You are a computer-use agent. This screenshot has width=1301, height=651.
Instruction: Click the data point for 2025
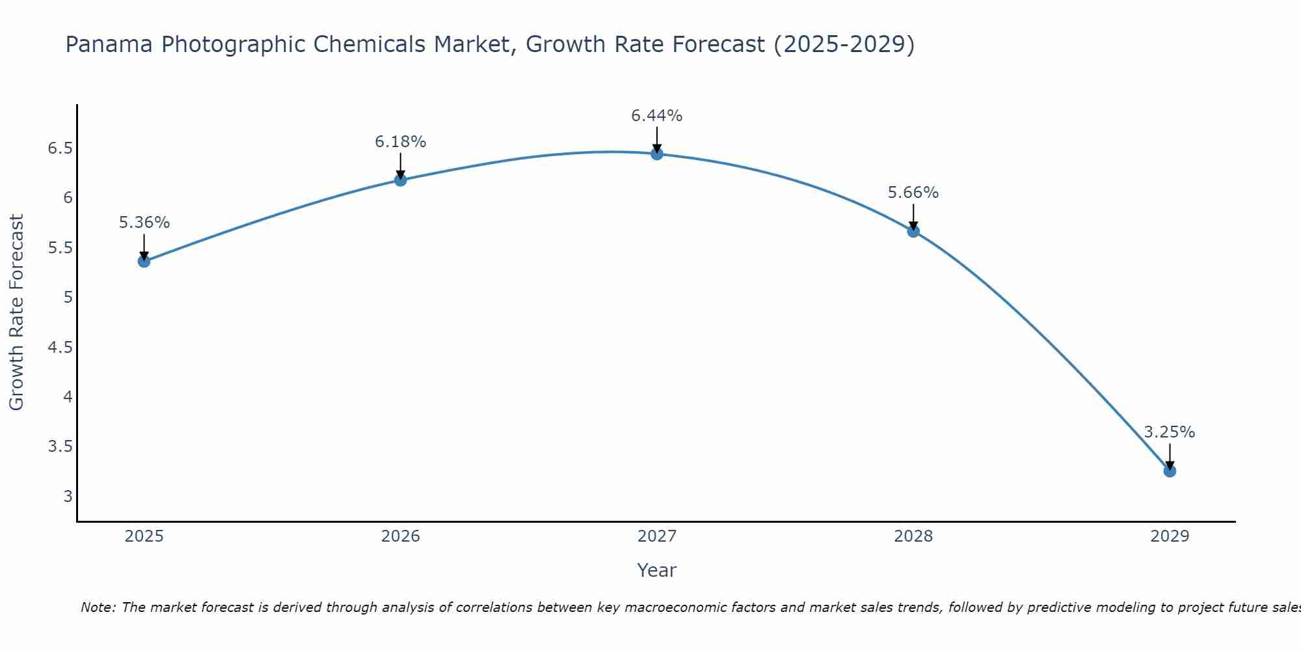[144, 261]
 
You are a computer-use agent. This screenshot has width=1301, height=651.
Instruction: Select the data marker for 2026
[401, 180]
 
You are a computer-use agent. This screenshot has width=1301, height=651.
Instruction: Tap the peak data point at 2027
[657, 154]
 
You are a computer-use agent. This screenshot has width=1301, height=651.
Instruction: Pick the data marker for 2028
[913, 230]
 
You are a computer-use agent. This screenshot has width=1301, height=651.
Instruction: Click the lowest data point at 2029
[1170, 471]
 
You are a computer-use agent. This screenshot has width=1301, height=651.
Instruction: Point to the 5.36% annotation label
[144, 223]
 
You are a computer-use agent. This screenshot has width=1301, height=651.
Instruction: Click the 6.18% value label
[401, 141]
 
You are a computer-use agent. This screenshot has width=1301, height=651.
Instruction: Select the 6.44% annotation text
[657, 116]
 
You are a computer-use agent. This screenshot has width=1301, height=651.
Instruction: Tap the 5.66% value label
[913, 193]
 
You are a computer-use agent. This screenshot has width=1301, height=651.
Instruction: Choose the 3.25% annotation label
[1170, 432]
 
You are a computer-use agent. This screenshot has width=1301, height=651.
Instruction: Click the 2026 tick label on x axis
[401, 536]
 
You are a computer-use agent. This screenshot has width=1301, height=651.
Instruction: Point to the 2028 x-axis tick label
[913, 536]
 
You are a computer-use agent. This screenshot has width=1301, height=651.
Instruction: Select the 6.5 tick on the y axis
[59, 148]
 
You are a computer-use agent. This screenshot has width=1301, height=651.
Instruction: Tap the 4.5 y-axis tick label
[59, 348]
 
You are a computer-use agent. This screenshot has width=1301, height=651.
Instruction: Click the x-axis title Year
[657, 570]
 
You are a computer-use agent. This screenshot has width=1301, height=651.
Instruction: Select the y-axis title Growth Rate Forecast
[17, 312]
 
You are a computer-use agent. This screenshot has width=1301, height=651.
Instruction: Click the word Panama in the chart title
[109, 44]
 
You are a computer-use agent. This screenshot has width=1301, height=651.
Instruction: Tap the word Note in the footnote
[98, 607]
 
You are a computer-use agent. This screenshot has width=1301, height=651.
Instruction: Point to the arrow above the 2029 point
[1170, 456]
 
